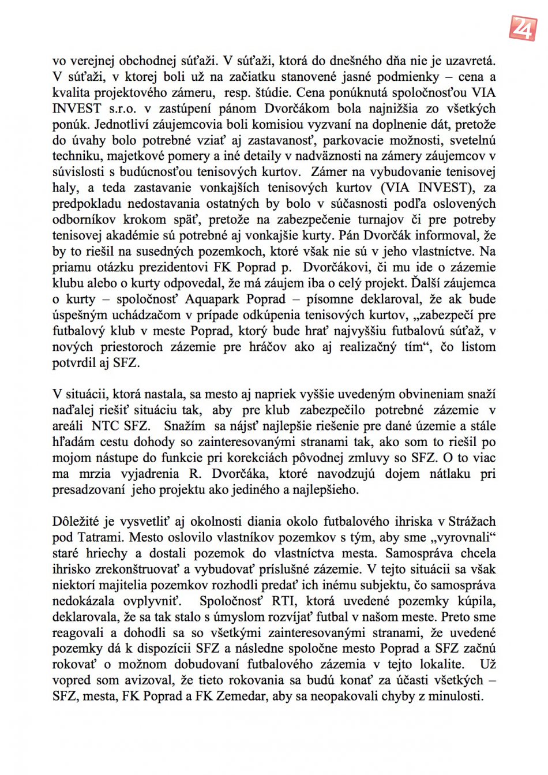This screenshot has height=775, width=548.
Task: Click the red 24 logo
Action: [x=523, y=27]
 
